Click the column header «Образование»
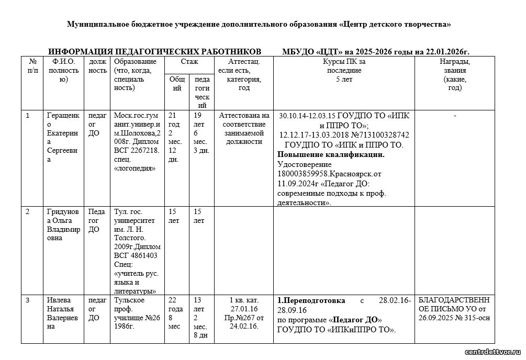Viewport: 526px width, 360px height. [131, 62]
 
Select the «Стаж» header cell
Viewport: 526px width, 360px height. [189, 62]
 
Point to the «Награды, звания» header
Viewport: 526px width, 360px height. [454, 74]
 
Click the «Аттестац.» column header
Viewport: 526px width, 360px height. [244, 62]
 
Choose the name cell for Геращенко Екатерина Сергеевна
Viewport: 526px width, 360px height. [63, 137]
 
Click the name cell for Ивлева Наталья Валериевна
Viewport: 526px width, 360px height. [63, 313]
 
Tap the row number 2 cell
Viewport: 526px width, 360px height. [28, 211]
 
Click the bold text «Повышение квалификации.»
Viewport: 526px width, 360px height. [331, 154]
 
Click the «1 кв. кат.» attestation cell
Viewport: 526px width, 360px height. [244, 300]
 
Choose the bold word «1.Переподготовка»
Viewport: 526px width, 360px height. [311, 301]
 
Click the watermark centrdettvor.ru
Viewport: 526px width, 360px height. [490, 351]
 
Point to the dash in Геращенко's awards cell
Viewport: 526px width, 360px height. [454, 116]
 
